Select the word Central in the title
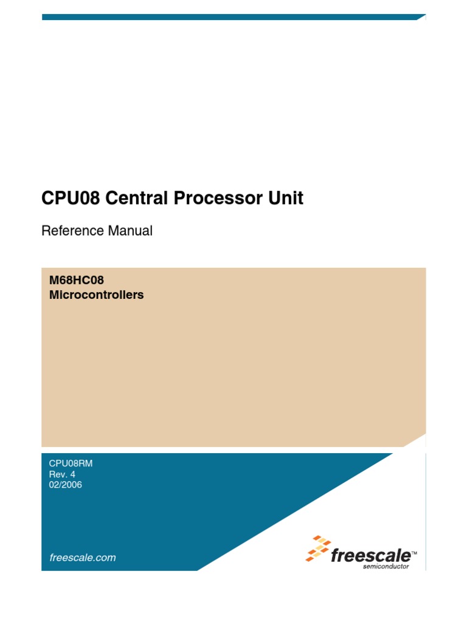click(130, 199)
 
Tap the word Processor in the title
click(210, 199)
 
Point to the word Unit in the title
click(285, 199)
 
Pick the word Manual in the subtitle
click(130, 231)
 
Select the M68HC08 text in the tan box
click(72, 281)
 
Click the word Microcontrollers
click(96, 296)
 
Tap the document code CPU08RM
click(71, 463)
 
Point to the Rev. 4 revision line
click(61, 474)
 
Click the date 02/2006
click(65, 485)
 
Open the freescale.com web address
click(82, 558)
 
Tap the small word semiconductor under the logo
click(386, 567)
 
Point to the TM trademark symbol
click(414, 551)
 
